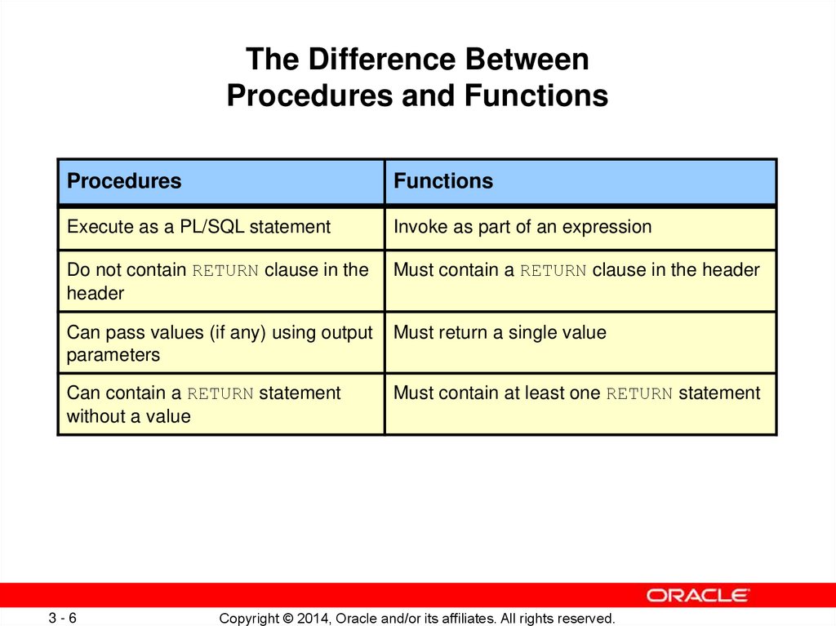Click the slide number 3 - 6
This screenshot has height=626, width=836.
62,618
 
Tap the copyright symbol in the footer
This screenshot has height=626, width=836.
288,619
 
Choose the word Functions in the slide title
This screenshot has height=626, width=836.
536,95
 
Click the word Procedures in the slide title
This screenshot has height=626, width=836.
310,95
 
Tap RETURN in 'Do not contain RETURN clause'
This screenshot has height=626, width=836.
225,271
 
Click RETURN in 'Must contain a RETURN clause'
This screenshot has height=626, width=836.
553,271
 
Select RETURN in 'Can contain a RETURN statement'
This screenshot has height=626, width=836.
220,394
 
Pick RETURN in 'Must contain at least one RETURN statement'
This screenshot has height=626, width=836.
639,394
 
